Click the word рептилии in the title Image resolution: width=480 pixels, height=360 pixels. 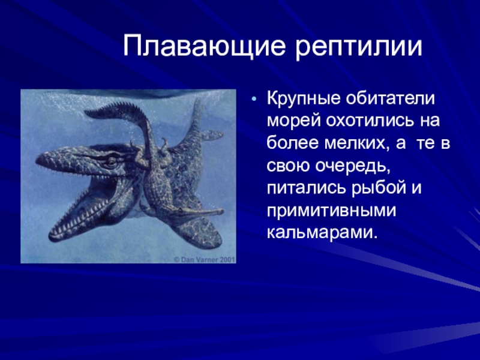tap(359, 47)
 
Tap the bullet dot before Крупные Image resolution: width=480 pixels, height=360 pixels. tap(254, 100)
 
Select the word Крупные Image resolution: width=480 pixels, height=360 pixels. tap(304, 99)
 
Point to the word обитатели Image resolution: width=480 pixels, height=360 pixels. tap(391, 98)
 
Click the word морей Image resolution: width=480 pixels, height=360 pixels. tap(293, 121)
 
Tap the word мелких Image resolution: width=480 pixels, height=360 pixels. tap(358, 143)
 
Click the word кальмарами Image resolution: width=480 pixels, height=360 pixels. tap(320, 233)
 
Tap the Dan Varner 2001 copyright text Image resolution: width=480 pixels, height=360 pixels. tap(205, 260)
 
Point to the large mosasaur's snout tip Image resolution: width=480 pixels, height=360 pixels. tap(38, 159)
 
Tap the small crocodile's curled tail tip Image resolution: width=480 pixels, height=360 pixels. tap(89, 113)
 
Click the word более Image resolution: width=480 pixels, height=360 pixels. tap(292, 143)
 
